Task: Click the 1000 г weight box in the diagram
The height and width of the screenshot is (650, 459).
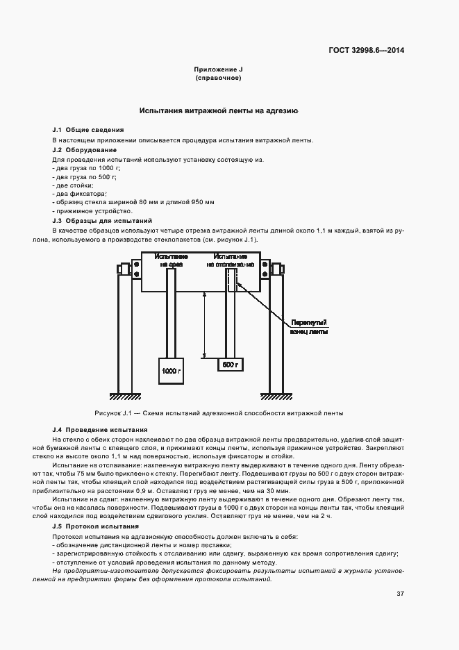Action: click(x=171, y=371)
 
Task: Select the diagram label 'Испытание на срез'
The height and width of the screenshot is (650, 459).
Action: click(x=171, y=260)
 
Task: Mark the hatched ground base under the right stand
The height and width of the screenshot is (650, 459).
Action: click(x=275, y=396)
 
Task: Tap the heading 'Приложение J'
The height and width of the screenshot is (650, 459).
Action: click(x=218, y=70)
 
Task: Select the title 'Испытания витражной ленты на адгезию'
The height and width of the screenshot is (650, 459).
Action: click(x=219, y=110)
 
